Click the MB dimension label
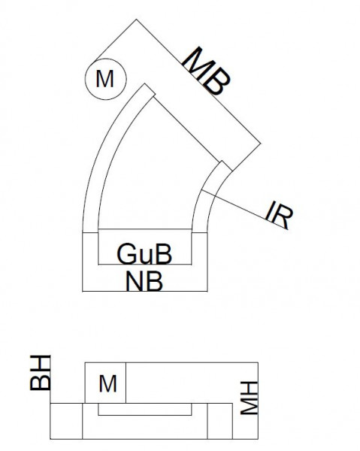204,71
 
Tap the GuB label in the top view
144,254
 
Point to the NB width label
145,280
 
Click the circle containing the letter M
105,78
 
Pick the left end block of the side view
66,421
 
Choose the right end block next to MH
219,421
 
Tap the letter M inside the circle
105,78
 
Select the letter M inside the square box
107,384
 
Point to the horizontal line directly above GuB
144,229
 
